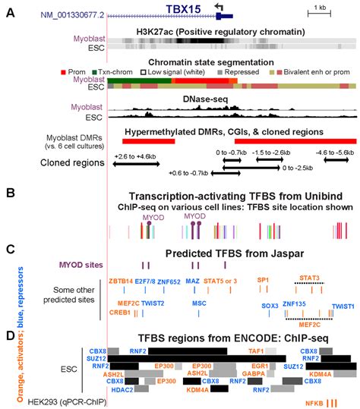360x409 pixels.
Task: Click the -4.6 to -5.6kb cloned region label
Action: click(x=334, y=152)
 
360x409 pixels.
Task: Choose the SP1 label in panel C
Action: click(x=263, y=280)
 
